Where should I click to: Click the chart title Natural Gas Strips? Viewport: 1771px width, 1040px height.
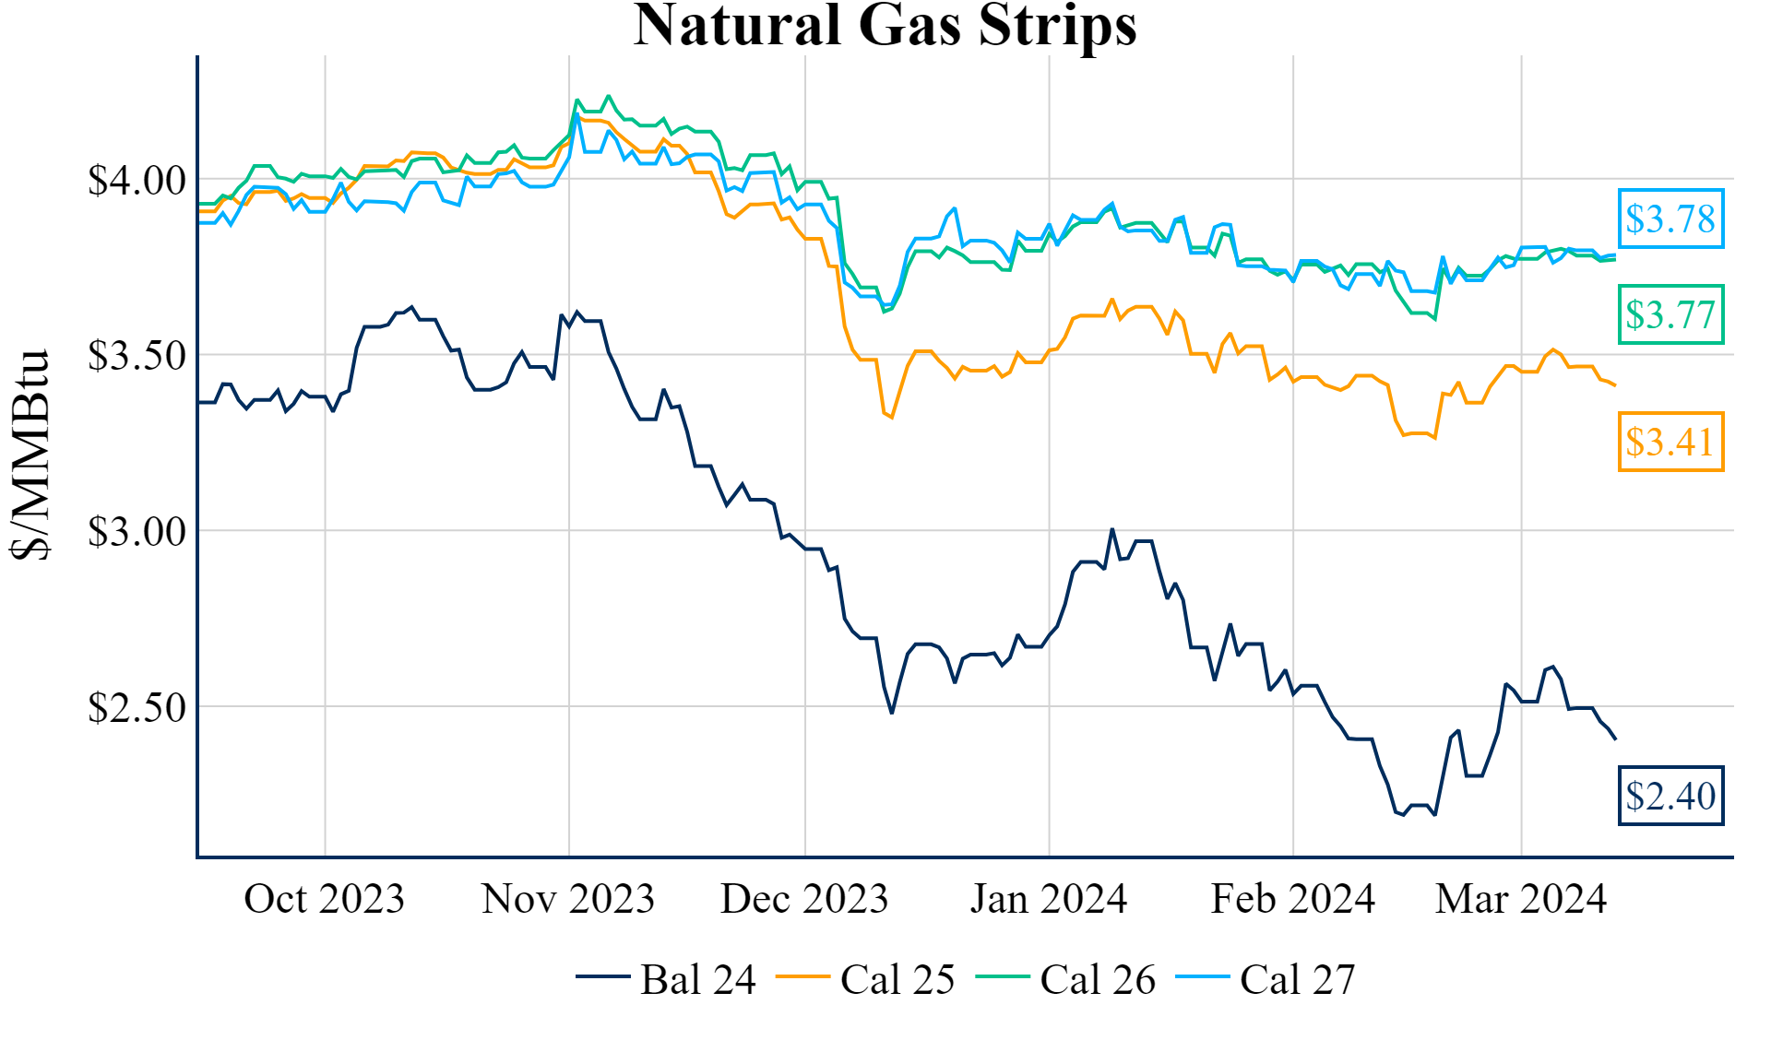coord(885,26)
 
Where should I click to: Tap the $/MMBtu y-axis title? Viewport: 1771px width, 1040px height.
coord(30,454)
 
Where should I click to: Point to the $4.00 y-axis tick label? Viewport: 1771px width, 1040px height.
coord(137,181)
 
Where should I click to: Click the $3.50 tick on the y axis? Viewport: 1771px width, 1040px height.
coord(137,356)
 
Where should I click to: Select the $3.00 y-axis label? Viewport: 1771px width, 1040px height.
coord(137,532)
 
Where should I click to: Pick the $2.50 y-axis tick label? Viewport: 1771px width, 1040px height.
coord(137,708)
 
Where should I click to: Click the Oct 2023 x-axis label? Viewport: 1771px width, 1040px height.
coord(324,899)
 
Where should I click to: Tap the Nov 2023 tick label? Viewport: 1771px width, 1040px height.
coord(567,899)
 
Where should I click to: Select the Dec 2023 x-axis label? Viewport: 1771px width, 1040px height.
coord(803,899)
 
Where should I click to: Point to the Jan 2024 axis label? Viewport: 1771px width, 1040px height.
coord(1048,899)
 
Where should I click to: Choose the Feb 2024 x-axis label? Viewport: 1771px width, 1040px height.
coord(1292,899)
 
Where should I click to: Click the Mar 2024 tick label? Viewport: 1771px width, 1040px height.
coord(1520,899)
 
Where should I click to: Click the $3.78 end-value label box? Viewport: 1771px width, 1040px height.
coord(1670,219)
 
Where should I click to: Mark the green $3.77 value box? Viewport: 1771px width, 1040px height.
coord(1670,314)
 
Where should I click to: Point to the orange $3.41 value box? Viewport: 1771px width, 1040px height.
coord(1670,442)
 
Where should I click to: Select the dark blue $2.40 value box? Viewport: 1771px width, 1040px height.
coord(1670,796)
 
